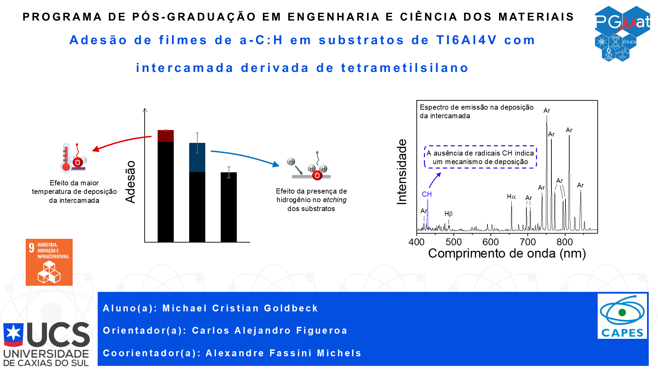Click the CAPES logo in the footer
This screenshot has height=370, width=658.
pos(622,316)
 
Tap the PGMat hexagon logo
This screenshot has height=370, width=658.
pos(622,33)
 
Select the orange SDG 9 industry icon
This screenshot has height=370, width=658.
pos(49,262)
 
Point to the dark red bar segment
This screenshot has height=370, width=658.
pos(166,136)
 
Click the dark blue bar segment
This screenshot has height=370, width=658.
pos(197,158)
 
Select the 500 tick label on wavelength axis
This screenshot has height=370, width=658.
pos(453,242)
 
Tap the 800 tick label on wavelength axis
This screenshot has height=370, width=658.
pos(564,242)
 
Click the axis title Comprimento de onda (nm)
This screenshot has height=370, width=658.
pos(507,254)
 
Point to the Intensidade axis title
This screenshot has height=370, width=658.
pos(402,172)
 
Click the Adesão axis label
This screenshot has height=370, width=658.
pos(131,182)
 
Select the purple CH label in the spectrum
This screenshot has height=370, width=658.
pos(427,194)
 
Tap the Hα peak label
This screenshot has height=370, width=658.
pos(511,197)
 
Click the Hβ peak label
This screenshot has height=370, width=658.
pos(448,214)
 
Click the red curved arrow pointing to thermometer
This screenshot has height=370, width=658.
pos(120,141)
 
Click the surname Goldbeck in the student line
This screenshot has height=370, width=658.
pos(291,308)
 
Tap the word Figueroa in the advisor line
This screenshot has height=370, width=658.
pos(322,331)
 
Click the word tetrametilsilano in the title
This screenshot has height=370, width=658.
pos(405,68)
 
